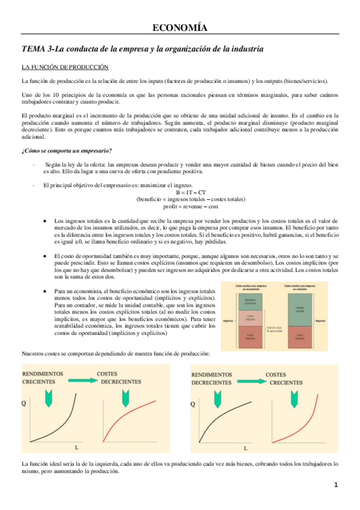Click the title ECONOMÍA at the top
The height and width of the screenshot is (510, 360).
(180, 28)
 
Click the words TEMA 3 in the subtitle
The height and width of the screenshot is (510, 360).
(38, 48)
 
